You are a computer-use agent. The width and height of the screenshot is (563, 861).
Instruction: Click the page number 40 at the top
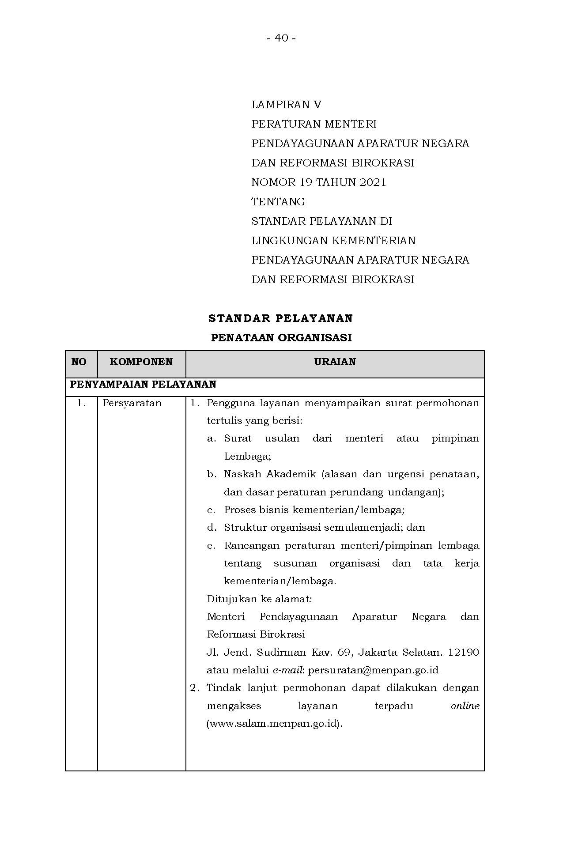[x=281, y=38]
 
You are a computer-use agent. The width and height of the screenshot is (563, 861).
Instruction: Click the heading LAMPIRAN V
[x=286, y=105]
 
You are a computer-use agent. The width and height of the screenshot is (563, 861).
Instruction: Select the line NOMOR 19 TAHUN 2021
[x=318, y=182]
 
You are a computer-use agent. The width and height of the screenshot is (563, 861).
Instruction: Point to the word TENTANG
[x=278, y=202]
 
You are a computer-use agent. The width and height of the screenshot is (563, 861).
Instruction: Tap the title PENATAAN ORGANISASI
[x=281, y=338]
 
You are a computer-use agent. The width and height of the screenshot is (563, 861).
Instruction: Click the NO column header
[x=79, y=362]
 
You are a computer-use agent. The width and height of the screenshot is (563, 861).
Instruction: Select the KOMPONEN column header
[x=141, y=362]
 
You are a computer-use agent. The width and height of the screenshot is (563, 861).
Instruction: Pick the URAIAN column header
[x=335, y=362]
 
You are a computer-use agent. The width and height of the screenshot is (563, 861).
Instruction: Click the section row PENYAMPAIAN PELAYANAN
[x=143, y=385]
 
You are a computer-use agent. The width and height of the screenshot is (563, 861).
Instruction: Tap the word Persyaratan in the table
[x=132, y=403]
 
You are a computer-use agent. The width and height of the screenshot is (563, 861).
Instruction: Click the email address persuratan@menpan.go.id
[x=373, y=670]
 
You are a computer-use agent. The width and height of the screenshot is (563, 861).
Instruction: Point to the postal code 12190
[x=463, y=653]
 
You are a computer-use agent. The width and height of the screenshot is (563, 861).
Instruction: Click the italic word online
[x=465, y=706]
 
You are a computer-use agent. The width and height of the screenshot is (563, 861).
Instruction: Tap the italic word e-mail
[x=287, y=670]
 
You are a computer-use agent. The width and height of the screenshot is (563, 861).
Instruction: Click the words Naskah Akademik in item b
[x=270, y=474]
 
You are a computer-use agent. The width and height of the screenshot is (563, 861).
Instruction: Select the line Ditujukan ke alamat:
[x=259, y=599]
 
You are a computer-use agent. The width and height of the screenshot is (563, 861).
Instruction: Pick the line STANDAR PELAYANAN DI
[x=321, y=221]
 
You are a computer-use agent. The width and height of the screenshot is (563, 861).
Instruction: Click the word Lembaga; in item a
[x=247, y=457]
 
